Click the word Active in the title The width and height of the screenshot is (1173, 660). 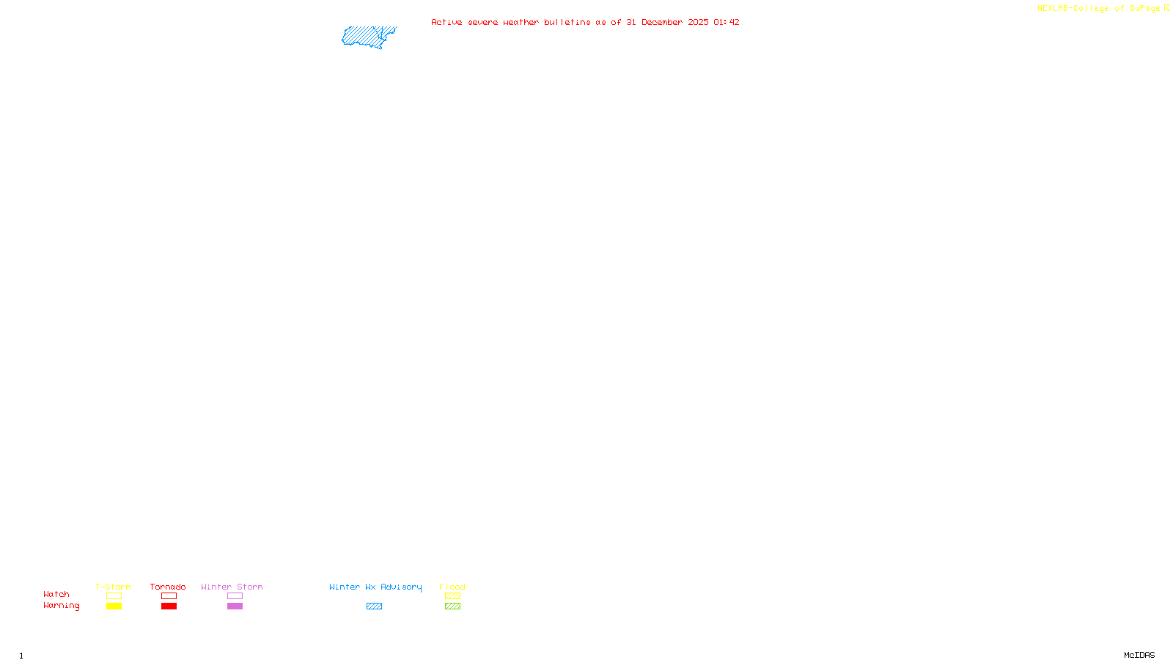click(x=446, y=22)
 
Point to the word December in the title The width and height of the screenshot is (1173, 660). click(x=662, y=22)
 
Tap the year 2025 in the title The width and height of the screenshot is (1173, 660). click(x=698, y=22)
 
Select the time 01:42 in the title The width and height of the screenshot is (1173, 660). click(x=727, y=22)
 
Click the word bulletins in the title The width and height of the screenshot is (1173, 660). click(x=567, y=22)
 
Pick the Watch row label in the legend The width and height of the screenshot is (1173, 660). click(x=56, y=595)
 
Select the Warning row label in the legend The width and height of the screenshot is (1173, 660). click(x=62, y=606)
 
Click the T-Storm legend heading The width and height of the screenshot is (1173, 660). click(x=113, y=587)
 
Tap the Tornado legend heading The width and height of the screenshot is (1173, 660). click(x=168, y=587)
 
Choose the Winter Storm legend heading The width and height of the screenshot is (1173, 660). click(x=232, y=587)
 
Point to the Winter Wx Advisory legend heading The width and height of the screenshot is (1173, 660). click(x=375, y=587)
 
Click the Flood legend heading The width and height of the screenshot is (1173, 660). click(x=452, y=587)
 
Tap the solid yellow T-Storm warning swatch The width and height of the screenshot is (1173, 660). click(x=114, y=606)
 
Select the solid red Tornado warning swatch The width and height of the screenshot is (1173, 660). click(x=169, y=606)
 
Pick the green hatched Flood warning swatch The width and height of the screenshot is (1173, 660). click(x=452, y=606)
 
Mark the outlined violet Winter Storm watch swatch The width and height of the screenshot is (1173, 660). click(x=235, y=596)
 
